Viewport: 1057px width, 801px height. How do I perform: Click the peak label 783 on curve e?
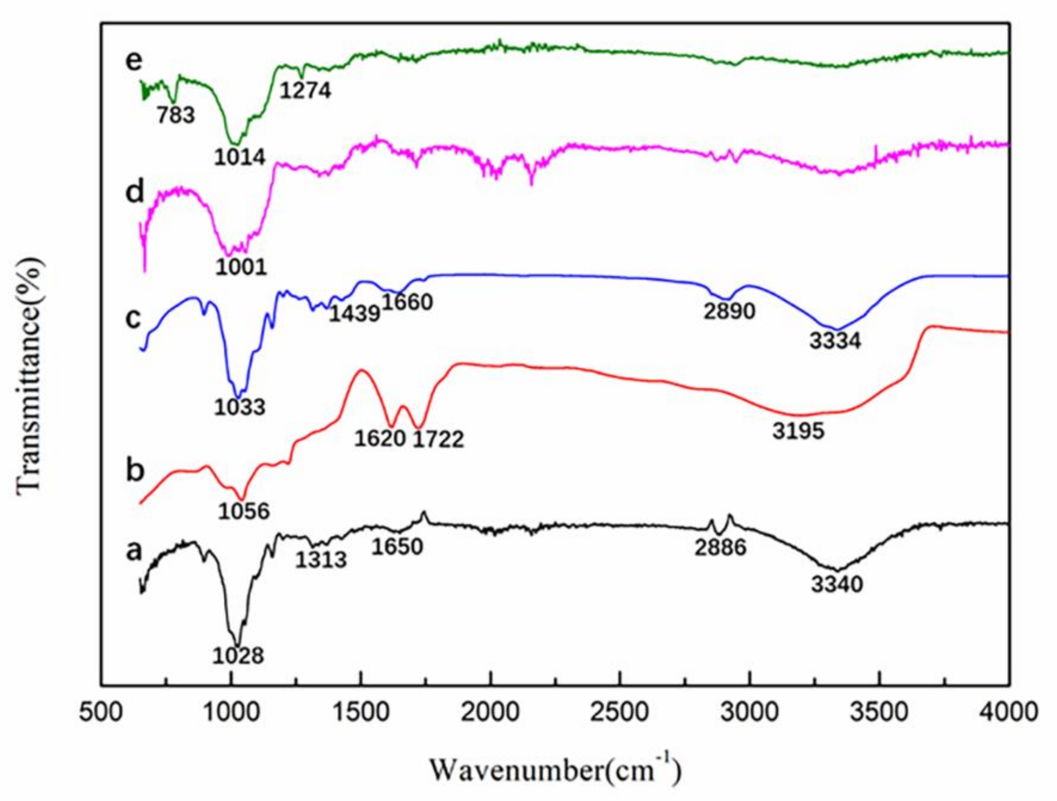click(x=176, y=115)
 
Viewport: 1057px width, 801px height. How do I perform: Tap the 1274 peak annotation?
click(x=305, y=90)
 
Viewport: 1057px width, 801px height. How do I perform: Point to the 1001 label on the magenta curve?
click(x=241, y=268)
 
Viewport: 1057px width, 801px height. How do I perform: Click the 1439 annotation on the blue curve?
click(x=354, y=314)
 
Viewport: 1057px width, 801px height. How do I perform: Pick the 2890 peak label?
click(x=729, y=311)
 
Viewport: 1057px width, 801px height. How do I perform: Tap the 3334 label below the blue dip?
click(x=835, y=341)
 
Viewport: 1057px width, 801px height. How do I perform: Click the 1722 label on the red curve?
click(x=438, y=440)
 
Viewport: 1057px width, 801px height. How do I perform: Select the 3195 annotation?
click(x=799, y=431)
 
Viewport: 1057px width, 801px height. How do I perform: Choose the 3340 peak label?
click(x=837, y=584)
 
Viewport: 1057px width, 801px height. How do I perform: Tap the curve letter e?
click(x=134, y=61)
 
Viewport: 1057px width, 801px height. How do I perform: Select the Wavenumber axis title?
click(x=555, y=769)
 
